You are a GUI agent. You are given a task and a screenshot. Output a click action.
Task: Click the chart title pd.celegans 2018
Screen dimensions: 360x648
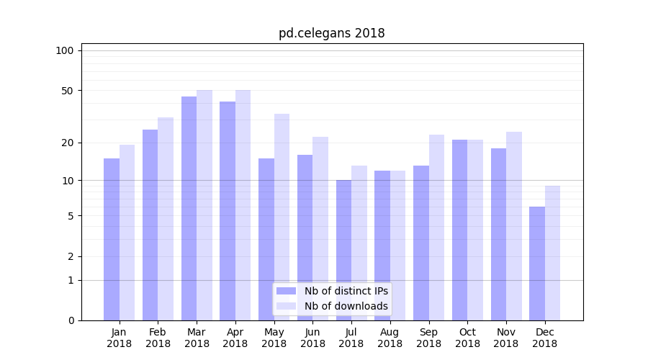[x=331, y=33]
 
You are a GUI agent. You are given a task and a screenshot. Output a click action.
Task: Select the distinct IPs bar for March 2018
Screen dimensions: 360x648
[x=189, y=208]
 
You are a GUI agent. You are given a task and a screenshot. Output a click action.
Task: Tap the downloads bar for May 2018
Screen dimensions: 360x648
[x=282, y=217]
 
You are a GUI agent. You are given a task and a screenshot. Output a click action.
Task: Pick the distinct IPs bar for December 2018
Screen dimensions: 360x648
[x=537, y=264]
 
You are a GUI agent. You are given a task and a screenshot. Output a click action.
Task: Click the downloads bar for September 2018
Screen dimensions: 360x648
[x=436, y=228]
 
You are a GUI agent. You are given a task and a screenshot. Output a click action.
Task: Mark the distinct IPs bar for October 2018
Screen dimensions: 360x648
[x=459, y=230]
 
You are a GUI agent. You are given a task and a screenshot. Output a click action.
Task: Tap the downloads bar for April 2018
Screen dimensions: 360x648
[x=243, y=205]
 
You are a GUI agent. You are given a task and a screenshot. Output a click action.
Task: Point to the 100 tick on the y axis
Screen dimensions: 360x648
[x=65, y=50]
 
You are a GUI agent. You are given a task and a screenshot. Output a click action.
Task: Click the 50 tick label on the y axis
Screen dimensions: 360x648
[x=67, y=91]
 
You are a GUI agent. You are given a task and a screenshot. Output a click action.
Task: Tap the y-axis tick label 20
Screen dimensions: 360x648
[x=67, y=143]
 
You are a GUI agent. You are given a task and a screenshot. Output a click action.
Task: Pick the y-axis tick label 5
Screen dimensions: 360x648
[x=70, y=216]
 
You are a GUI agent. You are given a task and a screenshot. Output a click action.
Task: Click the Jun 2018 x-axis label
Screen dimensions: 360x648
[x=312, y=338]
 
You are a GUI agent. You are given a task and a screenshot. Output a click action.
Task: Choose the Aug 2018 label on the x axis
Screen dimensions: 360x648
[x=390, y=338]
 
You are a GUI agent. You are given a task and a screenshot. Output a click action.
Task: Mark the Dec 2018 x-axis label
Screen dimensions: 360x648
[x=544, y=338]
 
